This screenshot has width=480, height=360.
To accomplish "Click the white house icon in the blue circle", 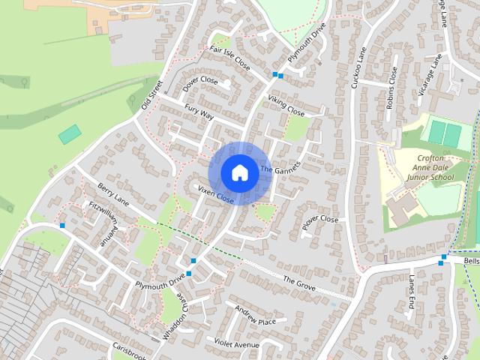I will (x=238, y=172).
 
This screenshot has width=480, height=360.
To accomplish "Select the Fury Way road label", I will (x=199, y=113).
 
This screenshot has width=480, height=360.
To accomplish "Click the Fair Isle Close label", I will (x=229, y=58).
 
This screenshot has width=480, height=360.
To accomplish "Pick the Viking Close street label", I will (x=286, y=106).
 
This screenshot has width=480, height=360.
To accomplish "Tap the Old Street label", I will (x=151, y=94).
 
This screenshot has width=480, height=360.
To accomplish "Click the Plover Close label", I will (x=320, y=220).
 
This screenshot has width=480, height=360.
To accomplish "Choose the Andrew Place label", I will (x=254, y=316).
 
